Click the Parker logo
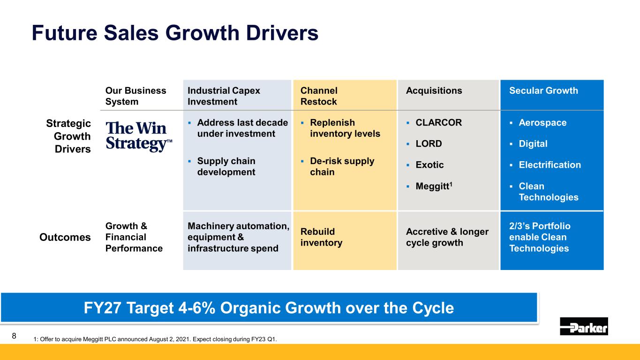(x=584, y=326)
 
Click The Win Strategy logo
(x=139, y=136)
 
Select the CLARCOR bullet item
(x=438, y=122)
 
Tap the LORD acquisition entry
(x=429, y=144)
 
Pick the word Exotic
(x=429, y=165)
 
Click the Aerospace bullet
(x=542, y=122)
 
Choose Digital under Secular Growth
(x=533, y=144)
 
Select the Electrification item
(x=550, y=165)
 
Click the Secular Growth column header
(x=543, y=90)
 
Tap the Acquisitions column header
(x=434, y=90)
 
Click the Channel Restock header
(x=319, y=96)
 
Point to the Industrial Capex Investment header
(x=224, y=96)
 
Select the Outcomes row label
(x=65, y=237)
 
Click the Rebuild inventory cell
(x=321, y=237)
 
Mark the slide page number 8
(x=14, y=336)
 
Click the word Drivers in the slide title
(x=282, y=33)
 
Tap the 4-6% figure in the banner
(x=196, y=308)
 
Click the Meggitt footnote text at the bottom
(x=155, y=339)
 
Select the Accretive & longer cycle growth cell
(x=447, y=237)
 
